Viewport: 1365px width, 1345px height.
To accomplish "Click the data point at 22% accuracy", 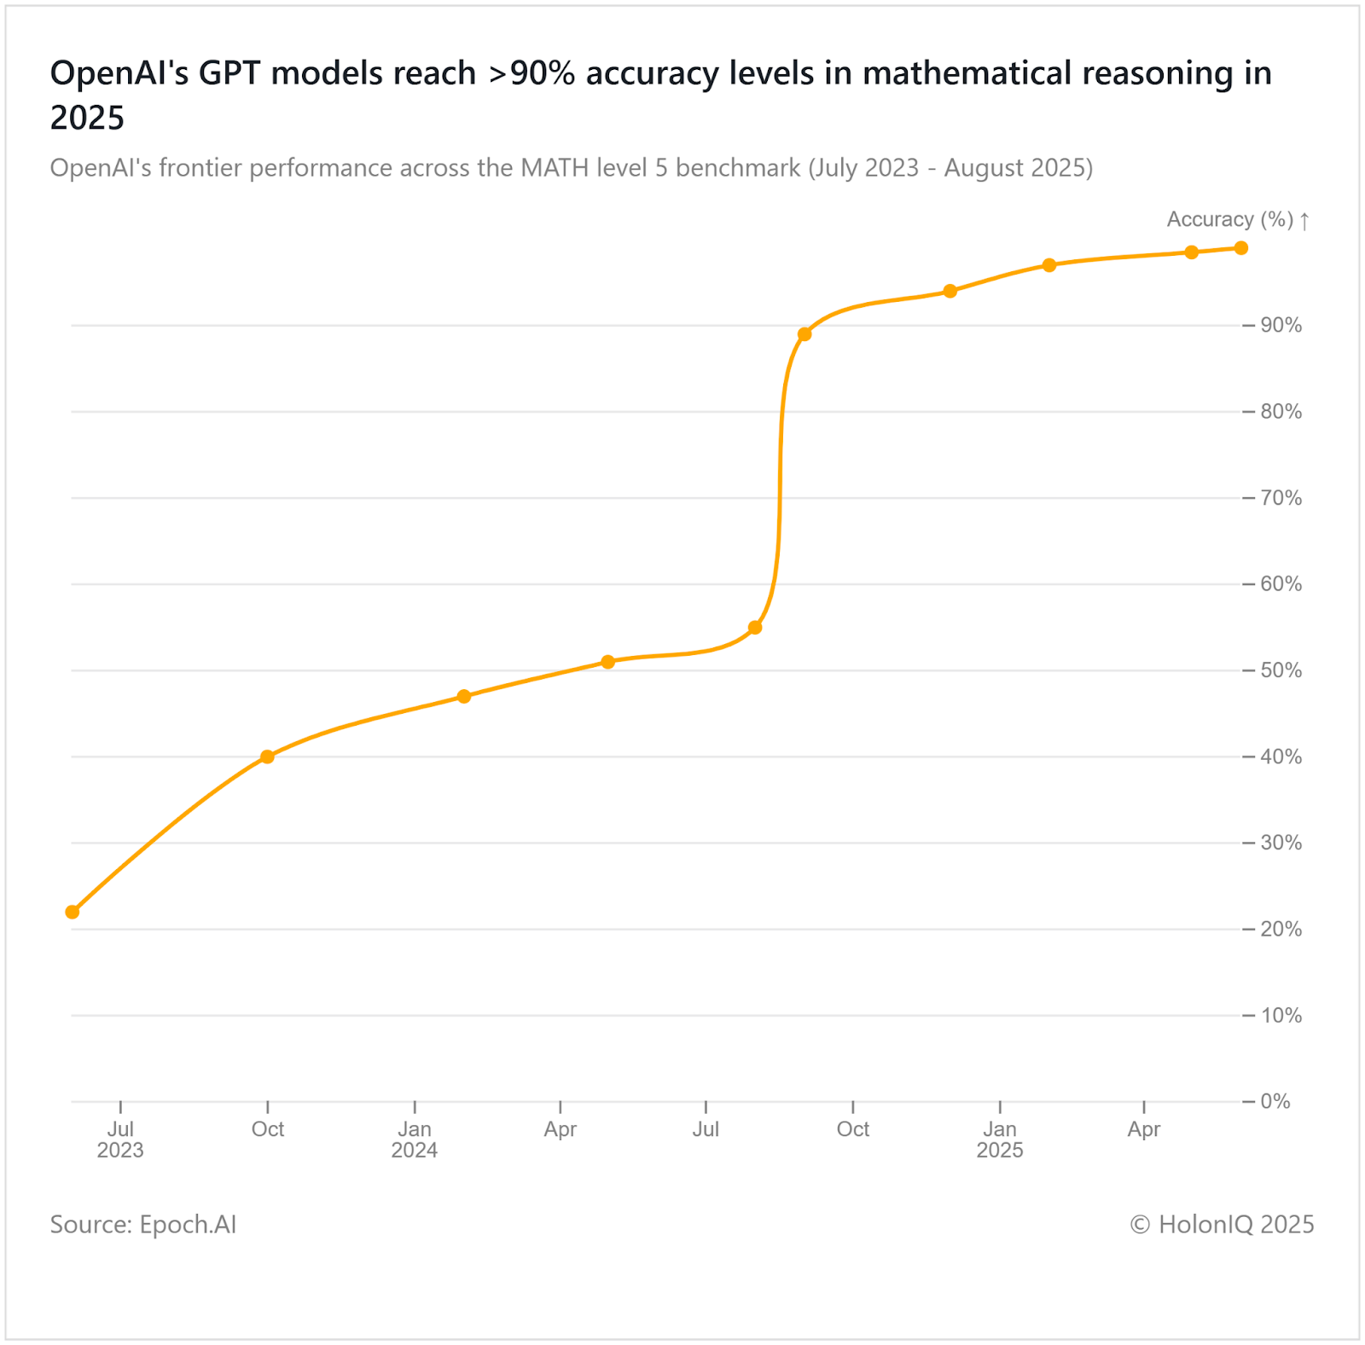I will click(x=73, y=912).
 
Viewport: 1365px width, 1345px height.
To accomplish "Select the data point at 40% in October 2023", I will click(x=267, y=757).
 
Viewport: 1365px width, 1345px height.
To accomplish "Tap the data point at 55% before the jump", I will click(x=755, y=628).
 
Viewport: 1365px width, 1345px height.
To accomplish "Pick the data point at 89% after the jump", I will click(x=804, y=334).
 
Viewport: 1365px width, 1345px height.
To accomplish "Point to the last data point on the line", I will click(x=1241, y=248).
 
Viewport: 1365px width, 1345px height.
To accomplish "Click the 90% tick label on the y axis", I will click(x=1281, y=325).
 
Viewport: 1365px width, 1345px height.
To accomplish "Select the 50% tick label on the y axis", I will click(x=1281, y=670).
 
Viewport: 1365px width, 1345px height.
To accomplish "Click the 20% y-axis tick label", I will click(x=1281, y=929).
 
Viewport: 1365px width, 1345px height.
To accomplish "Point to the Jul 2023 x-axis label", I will click(x=120, y=1139).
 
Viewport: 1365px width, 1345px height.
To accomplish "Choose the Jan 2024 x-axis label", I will click(x=415, y=1139).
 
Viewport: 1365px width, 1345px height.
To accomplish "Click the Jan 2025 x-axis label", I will click(x=1000, y=1139).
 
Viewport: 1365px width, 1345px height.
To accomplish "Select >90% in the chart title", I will click(x=531, y=74).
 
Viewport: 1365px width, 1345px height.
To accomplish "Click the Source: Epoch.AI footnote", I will click(x=143, y=1225).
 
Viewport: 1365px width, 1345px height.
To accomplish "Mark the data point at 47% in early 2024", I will click(x=464, y=696).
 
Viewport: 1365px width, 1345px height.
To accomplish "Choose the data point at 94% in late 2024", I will click(x=950, y=291).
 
